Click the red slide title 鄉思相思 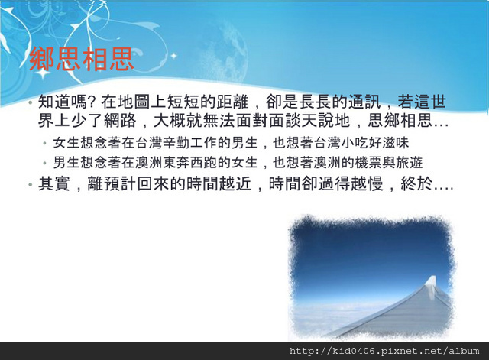pyautogui.click(x=82, y=59)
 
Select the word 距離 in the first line pyautogui.click(x=233, y=102)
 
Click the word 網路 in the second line pyautogui.click(x=120, y=121)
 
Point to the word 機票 pyautogui.click(x=368, y=163)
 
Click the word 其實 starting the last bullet pyautogui.click(x=54, y=183)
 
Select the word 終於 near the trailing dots pyautogui.click(x=416, y=183)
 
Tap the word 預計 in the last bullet pyautogui.click(x=120, y=183)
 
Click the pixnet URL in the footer pyautogui.click(x=384, y=352)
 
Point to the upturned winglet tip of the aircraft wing pyautogui.click(x=432, y=278)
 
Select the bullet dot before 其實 pyautogui.click(x=31, y=184)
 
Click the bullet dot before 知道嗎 pyautogui.click(x=31, y=102)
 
